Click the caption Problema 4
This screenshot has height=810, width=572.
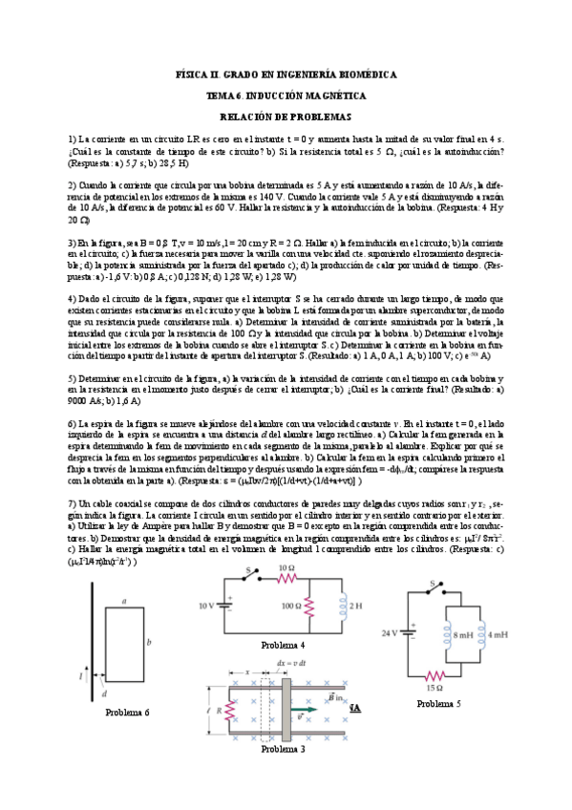tap(283, 646)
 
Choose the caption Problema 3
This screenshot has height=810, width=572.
tap(283, 749)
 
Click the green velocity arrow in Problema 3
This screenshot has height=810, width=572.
tap(303, 712)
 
